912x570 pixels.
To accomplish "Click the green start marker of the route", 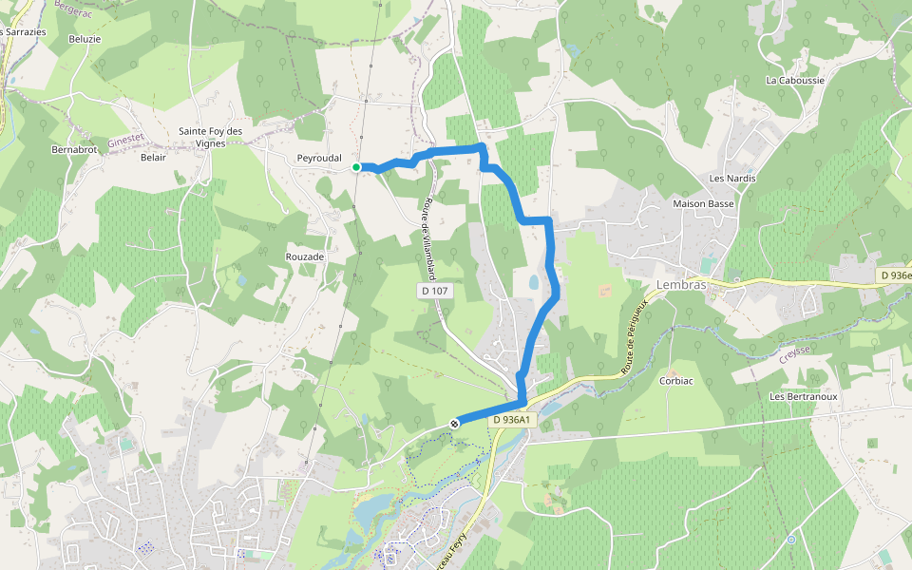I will click(x=356, y=167).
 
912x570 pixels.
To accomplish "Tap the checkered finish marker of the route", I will click(x=455, y=423).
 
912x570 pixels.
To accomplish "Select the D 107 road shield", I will click(x=432, y=290).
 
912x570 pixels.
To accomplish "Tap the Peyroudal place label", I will click(x=319, y=158).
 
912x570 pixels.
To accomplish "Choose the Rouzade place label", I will click(x=305, y=256).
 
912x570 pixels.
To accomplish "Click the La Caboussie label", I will click(x=795, y=81).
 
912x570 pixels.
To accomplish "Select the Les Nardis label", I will click(x=732, y=179).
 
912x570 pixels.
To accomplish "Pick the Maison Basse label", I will click(x=703, y=203).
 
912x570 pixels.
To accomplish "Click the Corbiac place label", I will click(x=677, y=380).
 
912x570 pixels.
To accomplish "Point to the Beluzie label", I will click(x=85, y=39).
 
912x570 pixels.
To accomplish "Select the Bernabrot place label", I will click(x=75, y=150).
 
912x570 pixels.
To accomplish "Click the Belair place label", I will click(x=153, y=158).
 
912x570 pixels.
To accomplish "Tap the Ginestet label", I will click(x=125, y=139).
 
